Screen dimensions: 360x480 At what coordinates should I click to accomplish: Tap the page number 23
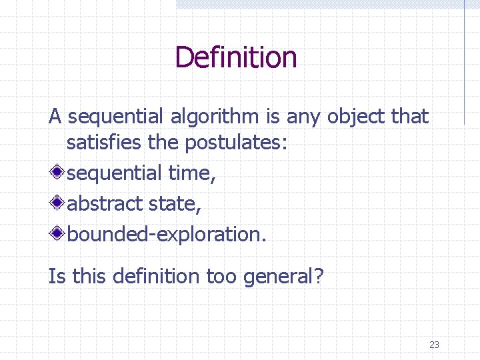coord(434,345)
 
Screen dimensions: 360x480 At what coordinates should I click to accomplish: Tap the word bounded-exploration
coord(166,233)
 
